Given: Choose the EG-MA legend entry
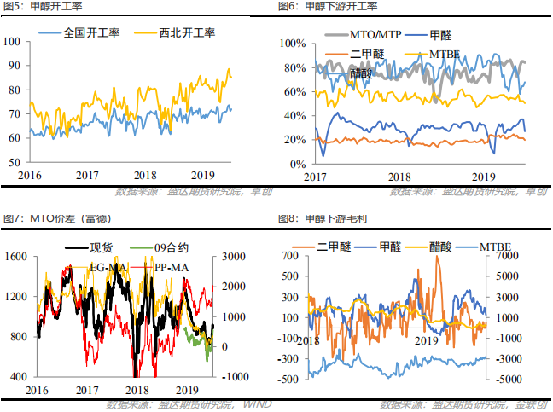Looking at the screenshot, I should click(x=111, y=268).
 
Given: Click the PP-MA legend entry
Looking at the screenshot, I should click(x=172, y=268).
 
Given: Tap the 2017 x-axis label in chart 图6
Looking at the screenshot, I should click(x=316, y=177).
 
